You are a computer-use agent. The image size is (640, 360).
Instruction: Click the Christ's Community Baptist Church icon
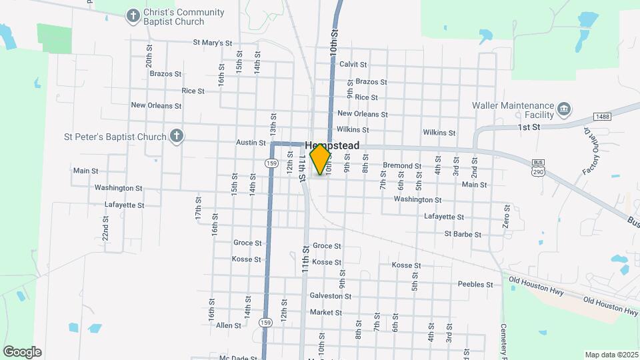coord(133,15)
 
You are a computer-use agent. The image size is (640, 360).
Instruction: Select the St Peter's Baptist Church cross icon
coord(177,137)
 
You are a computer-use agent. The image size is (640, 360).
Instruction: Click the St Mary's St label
coord(213,43)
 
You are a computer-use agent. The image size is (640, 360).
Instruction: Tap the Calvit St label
coord(353,65)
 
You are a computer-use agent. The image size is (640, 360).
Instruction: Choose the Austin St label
coord(251,143)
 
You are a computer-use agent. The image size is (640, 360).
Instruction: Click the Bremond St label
coord(402,166)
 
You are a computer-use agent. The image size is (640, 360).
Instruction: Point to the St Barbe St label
coord(463,235)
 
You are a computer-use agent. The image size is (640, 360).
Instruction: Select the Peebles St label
coord(475,285)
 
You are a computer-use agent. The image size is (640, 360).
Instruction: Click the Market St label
coord(325,313)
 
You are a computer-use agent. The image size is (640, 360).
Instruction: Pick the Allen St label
coord(228,325)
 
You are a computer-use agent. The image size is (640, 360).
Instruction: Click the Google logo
coord(22,352)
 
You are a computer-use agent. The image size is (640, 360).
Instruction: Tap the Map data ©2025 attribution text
coord(611,355)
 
